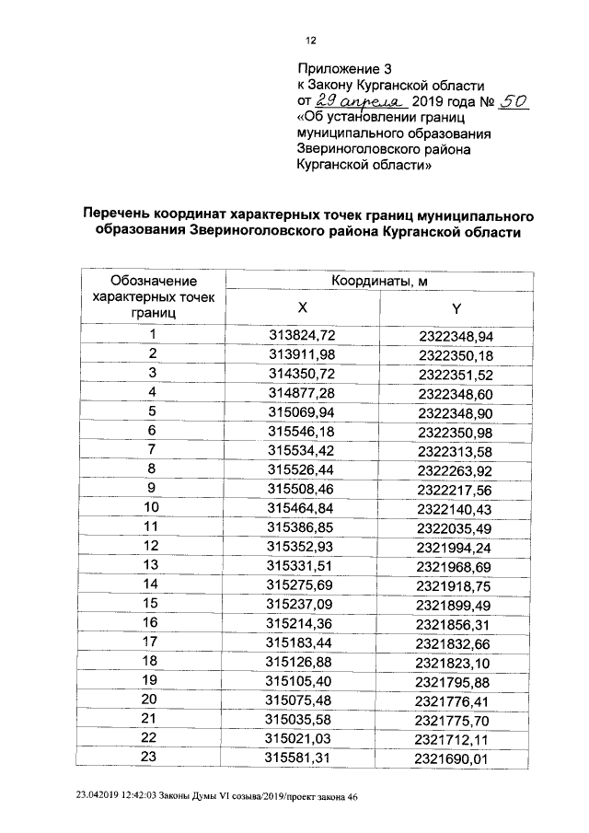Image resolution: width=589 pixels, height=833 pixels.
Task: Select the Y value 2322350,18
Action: (456, 354)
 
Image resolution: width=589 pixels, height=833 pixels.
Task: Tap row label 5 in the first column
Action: (153, 411)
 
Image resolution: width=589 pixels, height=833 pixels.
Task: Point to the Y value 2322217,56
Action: (456, 488)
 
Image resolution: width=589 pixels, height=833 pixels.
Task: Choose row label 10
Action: (153, 507)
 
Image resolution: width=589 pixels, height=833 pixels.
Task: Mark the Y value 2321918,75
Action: (456, 584)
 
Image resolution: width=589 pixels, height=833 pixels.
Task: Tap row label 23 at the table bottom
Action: (153, 757)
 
